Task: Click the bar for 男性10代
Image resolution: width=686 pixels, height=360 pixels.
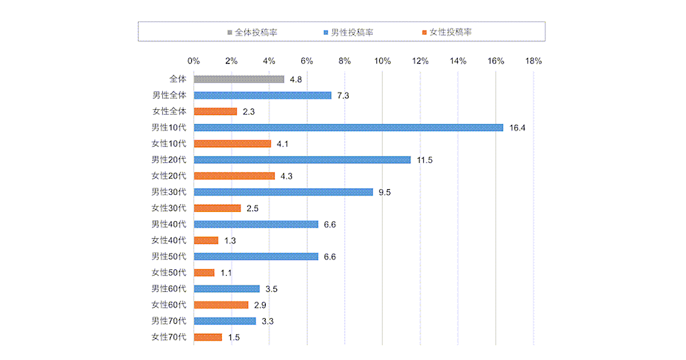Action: [x=348, y=127]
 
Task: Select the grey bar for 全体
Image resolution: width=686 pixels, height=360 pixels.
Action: [x=239, y=79]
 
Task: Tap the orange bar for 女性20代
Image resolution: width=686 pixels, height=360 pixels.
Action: [x=234, y=176]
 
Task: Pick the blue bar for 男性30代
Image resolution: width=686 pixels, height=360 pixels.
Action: [x=283, y=192]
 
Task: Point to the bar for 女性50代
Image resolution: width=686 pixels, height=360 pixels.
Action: [x=204, y=273]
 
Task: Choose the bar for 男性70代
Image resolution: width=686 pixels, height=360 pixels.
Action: [x=225, y=321]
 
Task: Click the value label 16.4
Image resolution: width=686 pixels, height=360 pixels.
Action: [x=517, y=127]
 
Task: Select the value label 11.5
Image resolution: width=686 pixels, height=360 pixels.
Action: [x=425, y=160]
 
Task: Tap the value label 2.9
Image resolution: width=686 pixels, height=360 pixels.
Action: [x=260, y=305]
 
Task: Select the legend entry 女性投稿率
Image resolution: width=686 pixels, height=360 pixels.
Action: [x=448, y=32]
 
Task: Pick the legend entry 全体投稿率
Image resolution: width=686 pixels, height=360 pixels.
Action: [x=256, y=32]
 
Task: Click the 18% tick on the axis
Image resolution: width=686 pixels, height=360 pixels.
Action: [x=533, y=61]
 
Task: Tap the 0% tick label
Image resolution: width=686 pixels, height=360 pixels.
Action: [x=194, y=61]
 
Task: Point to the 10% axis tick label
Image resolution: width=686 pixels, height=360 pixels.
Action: [x=382, y=61]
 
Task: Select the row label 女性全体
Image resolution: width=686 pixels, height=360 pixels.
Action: [x=169, y=111]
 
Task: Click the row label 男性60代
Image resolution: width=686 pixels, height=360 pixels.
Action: [x=169, y=289]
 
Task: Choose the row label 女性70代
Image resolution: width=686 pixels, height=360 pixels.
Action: [x=169, y=337]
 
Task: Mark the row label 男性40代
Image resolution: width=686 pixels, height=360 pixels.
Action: [x=169, y=225]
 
